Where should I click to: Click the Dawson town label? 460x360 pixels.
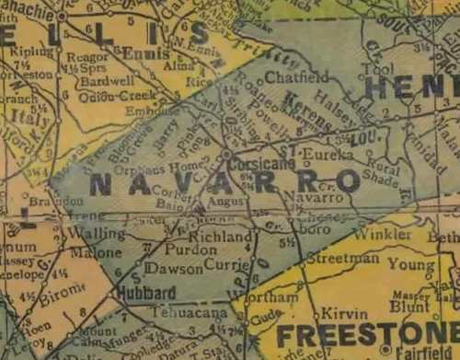point(173,269)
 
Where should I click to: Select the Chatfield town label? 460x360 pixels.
point(284,76)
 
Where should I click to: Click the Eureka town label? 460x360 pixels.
point(327,155)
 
